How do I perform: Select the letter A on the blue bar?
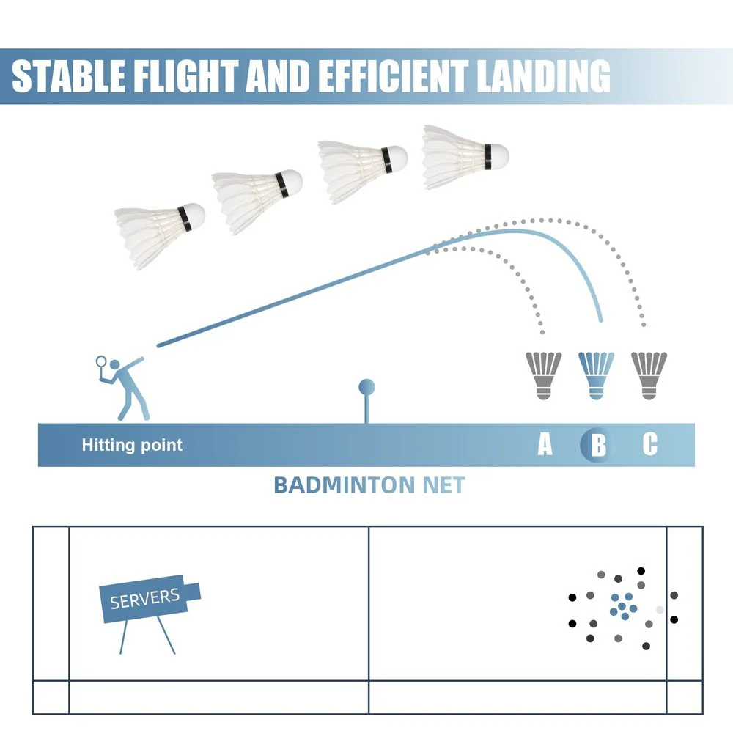click(545, 444)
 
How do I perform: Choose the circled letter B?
click(598, 445)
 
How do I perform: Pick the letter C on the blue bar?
click(650, 444)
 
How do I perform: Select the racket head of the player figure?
click(102, 361)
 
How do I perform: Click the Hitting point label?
click(132, 445)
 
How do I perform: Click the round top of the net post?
click(366, 387)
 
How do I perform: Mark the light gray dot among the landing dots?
click(660, 610)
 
